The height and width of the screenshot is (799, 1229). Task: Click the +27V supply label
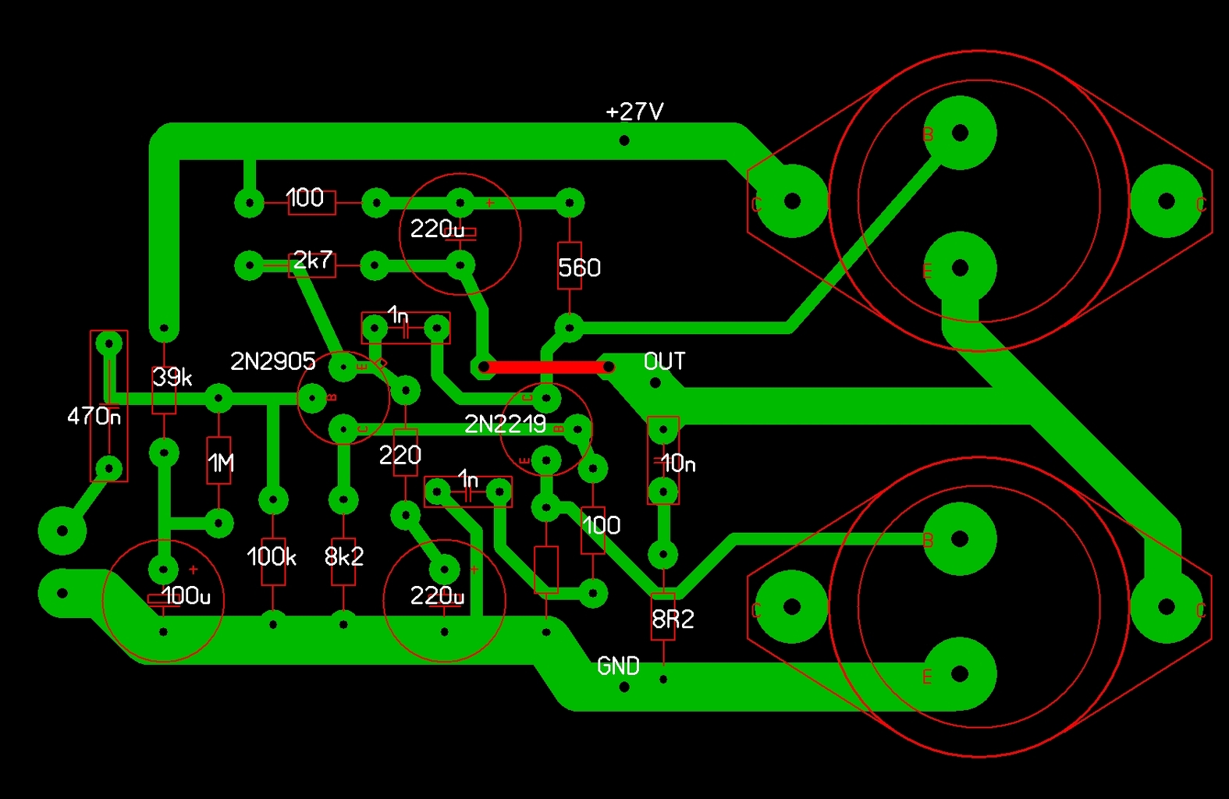pos(634,112)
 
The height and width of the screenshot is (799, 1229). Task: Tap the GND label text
pos(618,666)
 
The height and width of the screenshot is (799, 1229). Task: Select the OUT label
pos(664,361)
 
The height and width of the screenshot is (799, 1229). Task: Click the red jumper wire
pos(546,367)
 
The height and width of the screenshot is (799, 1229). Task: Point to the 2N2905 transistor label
pos(272,361)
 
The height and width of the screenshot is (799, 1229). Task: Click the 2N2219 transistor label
pos(505,424)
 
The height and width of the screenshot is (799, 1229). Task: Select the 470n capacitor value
pos(94,416)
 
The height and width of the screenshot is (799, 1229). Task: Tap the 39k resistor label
pos(172,378)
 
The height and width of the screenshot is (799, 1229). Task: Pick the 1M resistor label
pos(221,464)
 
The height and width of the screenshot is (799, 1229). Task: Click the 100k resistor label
pos(272,556)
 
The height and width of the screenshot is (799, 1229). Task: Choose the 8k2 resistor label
pos(344,556)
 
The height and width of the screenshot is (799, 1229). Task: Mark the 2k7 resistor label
pos(313,260)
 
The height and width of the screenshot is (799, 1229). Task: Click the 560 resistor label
pos(579,268)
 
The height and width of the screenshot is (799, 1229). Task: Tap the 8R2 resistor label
pos(673,620)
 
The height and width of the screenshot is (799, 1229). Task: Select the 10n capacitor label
pos(677,463)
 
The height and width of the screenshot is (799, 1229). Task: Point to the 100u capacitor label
pos(186,596)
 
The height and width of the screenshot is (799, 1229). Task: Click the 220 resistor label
pos(400,455)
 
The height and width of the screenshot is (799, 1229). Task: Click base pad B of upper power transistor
pos(960,133)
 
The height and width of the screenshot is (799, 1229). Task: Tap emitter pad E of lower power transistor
pos(960,674)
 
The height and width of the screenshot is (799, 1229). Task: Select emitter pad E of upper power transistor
pos(960,268)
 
